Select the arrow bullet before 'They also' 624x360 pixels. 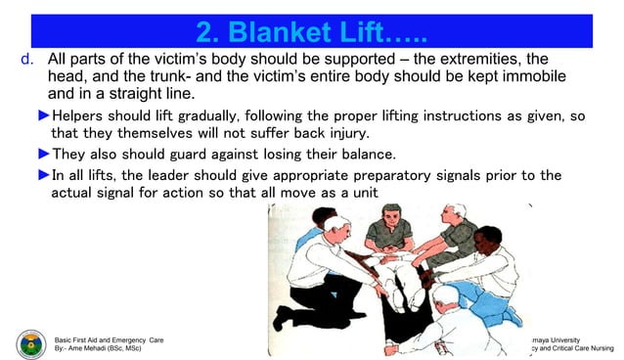pyautogui.click(x=43, y=154)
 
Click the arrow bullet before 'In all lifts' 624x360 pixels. pyautogui.click(x=43, y=175)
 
